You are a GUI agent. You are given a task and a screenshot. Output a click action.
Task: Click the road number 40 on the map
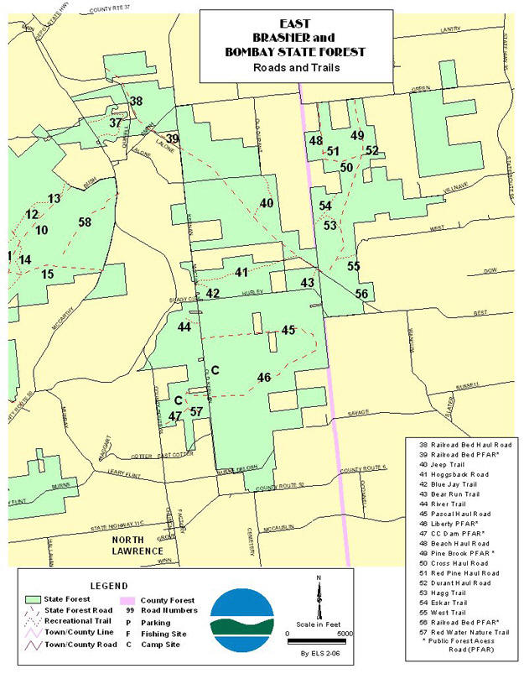pos(267,203)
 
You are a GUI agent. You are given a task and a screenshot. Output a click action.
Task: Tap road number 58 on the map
pos(84,222)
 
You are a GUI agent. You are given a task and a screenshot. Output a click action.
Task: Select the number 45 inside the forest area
pos(288,331)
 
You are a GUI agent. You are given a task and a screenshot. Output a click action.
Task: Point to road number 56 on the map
pos(361,294)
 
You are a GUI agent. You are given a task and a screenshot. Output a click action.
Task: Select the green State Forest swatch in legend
pos(34,600)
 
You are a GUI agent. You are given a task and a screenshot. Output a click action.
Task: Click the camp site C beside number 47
pos(178,400)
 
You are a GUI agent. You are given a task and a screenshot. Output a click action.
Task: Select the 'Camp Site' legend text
pos(167,645)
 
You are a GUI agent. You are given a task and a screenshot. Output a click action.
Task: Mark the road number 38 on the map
pos(135,102)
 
